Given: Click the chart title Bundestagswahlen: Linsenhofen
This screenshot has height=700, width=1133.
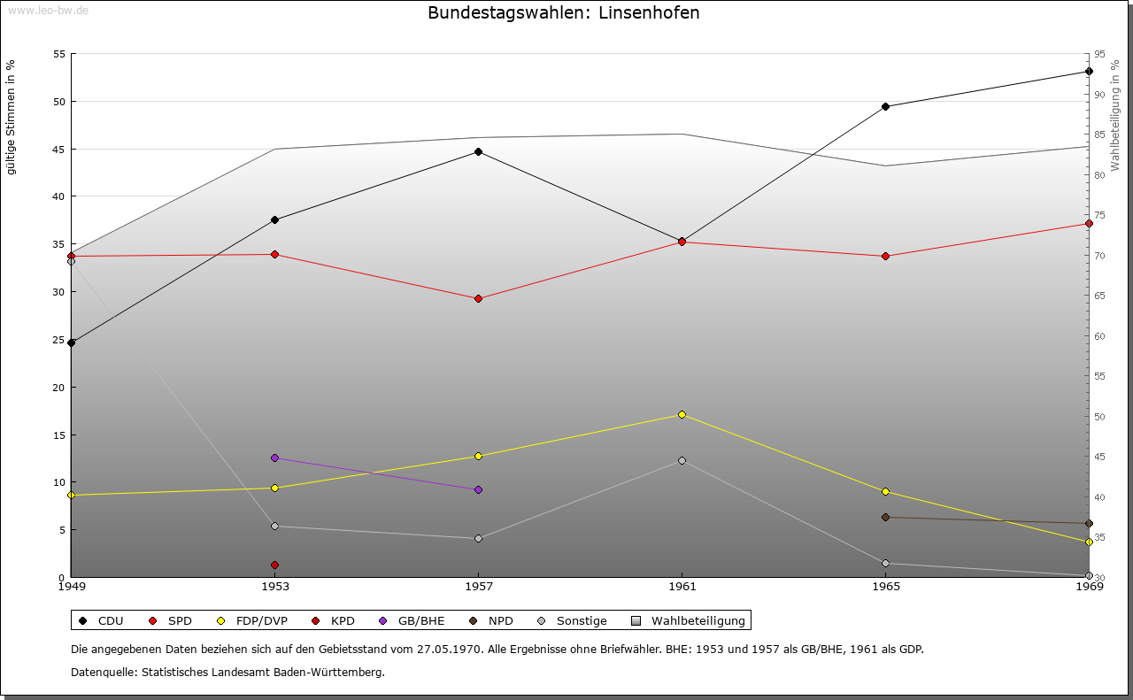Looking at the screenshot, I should click(563, 12).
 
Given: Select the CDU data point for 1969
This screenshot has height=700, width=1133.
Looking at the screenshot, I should click(1089, 72).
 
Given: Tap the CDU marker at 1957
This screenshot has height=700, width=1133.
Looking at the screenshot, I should click(478, 151).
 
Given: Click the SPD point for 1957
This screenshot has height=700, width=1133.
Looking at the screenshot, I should click(478, 299).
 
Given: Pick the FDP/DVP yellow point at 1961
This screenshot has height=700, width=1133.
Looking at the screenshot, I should click(682, 414).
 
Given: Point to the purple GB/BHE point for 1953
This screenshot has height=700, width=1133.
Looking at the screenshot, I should click(274, 458).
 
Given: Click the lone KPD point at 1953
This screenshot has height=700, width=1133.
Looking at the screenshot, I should click(274, 565).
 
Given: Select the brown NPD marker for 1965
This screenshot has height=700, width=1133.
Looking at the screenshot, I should click(885, 517).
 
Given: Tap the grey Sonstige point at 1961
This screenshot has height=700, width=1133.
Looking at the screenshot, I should click(682, 460).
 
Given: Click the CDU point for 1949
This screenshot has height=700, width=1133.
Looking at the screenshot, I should click(71, 342).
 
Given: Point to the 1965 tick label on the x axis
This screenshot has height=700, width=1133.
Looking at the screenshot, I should click(885, 586).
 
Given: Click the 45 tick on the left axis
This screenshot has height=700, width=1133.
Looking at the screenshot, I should click(59, 149).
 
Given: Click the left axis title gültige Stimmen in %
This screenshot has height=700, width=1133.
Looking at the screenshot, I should click(11, 117).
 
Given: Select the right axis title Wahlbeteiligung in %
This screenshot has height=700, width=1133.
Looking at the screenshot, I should click(1115, 115).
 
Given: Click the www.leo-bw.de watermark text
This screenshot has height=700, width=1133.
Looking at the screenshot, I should click(48, 10).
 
